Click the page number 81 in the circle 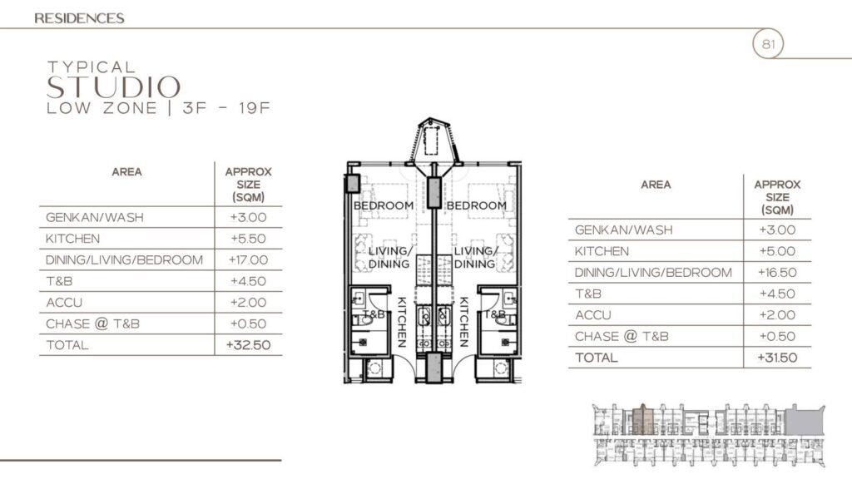[x=767, y=44]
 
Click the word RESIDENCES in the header [x=80, y=17]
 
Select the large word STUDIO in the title [x=114, y=87]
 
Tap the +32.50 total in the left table [x=248, y=344]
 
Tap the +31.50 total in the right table [x=777, y=358]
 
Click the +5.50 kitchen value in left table [x=248, y=238]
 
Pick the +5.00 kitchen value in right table [x=777, y=251]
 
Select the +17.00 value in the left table [x=248, y=259]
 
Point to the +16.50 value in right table [x=777, y=273]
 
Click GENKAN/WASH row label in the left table [x=95, y=217]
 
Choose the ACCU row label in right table [x=593, y=315]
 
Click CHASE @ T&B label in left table [x=93, y=323]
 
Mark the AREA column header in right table [x=656, y=185]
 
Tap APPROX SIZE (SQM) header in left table [x=248, y=185]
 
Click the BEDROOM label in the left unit [x=384, y=205]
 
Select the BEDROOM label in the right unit [x=477, y=205]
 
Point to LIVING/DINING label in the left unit [x=389, y=258]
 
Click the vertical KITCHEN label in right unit [x=463, y=322]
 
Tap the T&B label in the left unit [x=374, y=314]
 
